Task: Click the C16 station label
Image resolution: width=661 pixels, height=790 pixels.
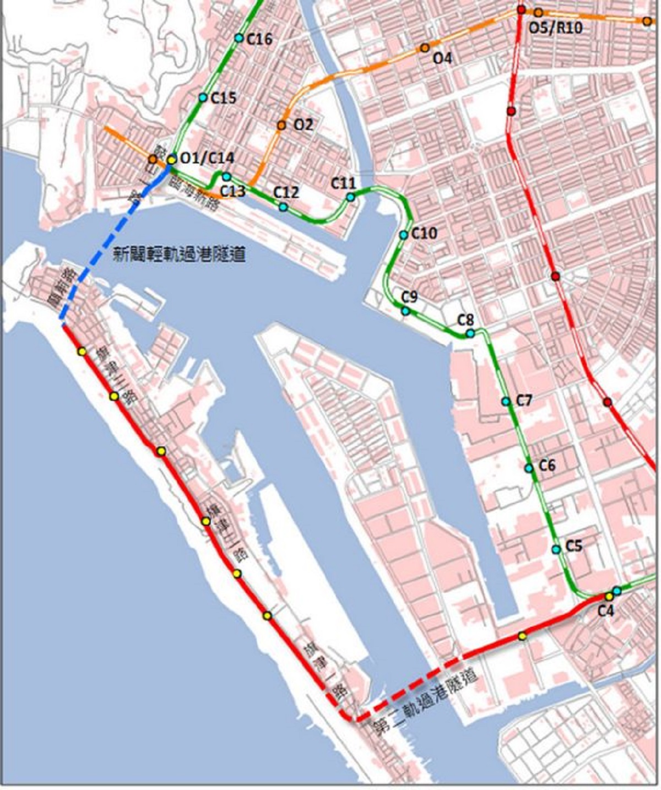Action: point(259,39)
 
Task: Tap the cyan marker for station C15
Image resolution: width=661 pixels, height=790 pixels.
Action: point(203,98)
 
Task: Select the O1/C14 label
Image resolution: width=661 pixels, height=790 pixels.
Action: point(207,158)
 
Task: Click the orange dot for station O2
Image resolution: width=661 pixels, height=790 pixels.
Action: point(281,126)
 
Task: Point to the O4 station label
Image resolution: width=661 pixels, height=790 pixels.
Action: point(442,58)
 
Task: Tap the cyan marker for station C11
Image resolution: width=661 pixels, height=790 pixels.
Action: point(350,197)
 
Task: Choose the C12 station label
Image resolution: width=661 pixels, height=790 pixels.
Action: point(286,192)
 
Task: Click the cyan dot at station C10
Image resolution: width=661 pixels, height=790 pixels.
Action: point(404,235)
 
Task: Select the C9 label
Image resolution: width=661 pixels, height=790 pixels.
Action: point(409,297)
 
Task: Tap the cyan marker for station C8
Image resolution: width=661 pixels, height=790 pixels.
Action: point(470,333)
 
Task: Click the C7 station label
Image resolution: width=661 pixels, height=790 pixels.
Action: point(524,401)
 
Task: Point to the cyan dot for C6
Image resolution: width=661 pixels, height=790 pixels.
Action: point(529,468)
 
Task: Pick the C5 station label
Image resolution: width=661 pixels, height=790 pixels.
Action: point(574,546)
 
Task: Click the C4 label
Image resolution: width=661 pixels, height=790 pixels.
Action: point(605,610)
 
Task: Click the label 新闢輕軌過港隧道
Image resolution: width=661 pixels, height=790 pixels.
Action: point(179,255)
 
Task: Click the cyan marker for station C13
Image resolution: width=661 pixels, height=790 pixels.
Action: point(226,177)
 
